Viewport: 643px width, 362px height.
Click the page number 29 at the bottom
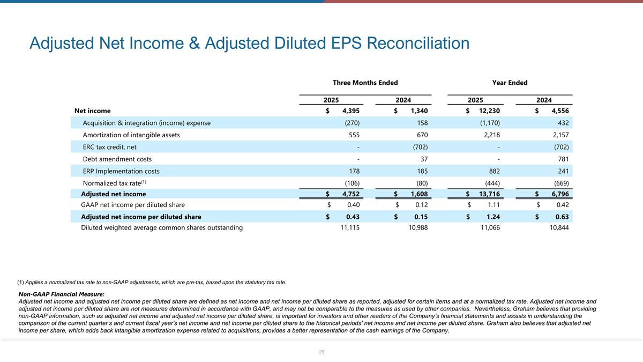pos(322,352)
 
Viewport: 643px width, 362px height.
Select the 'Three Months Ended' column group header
pos(365,83)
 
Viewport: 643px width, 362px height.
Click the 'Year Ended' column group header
pos(510,83)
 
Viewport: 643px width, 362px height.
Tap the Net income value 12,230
pos(489,111)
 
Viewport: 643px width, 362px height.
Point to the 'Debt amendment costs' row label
pos(117,159)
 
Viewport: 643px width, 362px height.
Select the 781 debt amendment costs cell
pos(562,159)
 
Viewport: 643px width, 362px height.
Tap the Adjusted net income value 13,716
pos(489,194)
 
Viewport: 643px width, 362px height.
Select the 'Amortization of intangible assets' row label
pos(131,135)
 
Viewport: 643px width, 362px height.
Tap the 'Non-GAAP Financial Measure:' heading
pos(61,294)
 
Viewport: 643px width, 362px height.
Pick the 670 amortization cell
pos(421,135)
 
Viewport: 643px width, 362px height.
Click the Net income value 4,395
pos(350,111)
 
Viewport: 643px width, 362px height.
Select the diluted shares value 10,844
pos(559,228)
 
